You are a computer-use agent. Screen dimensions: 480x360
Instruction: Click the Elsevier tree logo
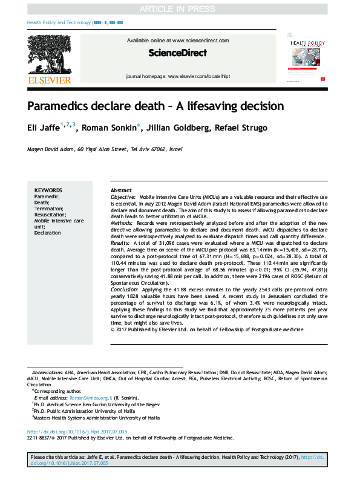click(x=48, y=54)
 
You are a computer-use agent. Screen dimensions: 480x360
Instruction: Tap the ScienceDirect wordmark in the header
click(x=178, y=53)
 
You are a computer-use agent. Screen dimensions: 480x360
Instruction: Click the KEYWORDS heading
click(x=48, y=190)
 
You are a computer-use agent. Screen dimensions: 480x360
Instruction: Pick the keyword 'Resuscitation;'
click(x=50, y=215)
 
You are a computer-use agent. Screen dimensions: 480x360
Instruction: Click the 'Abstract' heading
click(x=121, y=190)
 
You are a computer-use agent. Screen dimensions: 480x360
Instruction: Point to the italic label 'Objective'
click(x=122, y=197)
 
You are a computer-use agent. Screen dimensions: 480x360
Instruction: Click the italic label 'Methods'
click(x=121, y=222)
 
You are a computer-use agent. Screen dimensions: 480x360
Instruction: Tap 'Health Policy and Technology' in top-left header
click(x=59, y=22)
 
